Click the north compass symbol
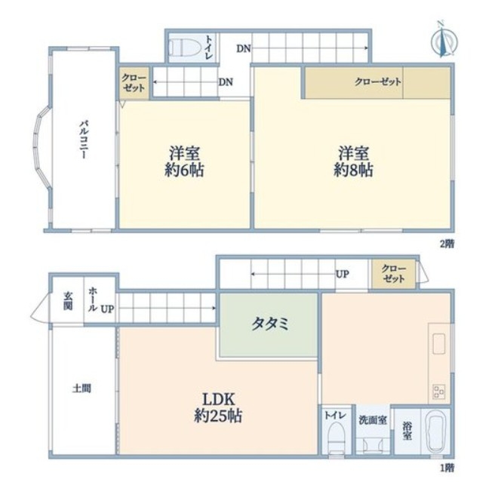[x=444, y=40]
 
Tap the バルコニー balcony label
[x=84, y=139]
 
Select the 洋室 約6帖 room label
[x=184, y=161]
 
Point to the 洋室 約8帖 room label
[x=353, y=161]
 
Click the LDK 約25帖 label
[x=218, y=407]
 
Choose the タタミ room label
[x=270, y=324]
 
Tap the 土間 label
[x=82, y=388]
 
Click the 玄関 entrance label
[x=68, y=301]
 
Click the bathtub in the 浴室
[x=436, y=431]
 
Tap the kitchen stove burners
[x=438, y=391]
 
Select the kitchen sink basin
[x=438, y=343]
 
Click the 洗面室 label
[x=373, y=419]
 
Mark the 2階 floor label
[x=447, y=244]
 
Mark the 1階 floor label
[x=447, y=468]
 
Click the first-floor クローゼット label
[x=394, y=274]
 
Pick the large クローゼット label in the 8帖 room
[x=377, y=82]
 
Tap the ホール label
[x=93, y=299]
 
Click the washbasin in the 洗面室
[x=372, y=444]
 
